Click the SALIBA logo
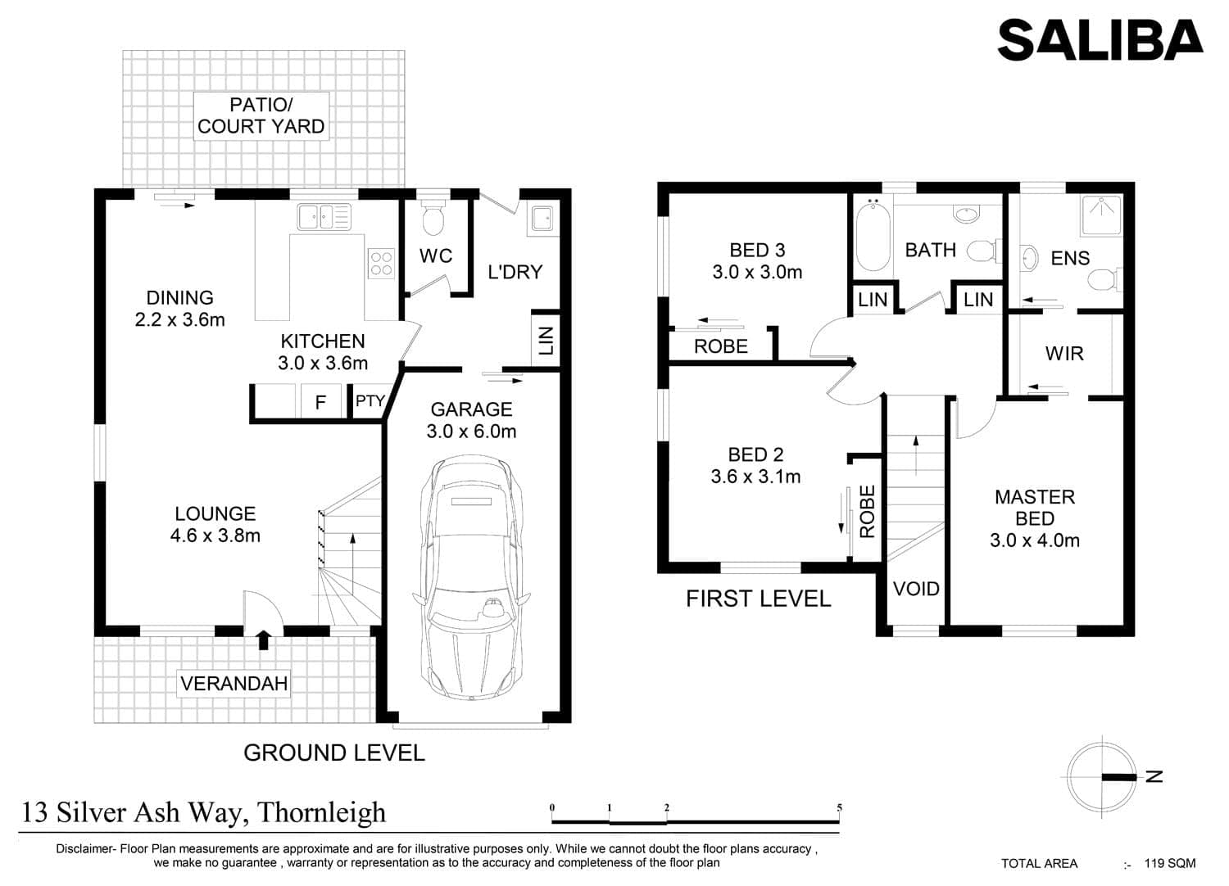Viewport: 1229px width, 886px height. point(1100,40)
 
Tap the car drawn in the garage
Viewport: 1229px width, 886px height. point(471,577)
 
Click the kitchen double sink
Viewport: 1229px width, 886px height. point(324,217)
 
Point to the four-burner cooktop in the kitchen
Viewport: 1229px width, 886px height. point(381,264)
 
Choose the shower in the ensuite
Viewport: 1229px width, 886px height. point(1101,215)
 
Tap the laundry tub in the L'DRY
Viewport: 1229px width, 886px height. point(543,218)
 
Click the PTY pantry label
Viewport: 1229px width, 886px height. point(370,400)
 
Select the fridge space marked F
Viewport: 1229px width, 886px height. point(321,402)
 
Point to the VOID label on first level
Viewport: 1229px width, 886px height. point(916,589)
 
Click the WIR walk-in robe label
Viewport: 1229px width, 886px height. point(1064,354)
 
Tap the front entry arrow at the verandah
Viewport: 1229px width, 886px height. point(264,640)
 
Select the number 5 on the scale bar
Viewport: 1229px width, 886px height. point(839,807)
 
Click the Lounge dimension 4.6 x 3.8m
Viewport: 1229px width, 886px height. point(215,535)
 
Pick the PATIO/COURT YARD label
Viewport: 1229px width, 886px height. point(261,115)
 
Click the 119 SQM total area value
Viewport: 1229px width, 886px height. point(1170,864)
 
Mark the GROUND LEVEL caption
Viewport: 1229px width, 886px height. point(334,753)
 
